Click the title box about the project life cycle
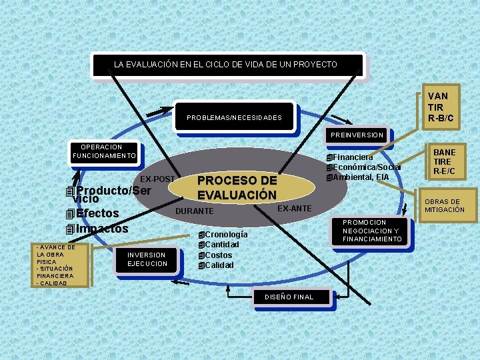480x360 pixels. pyautogui.click(x=227, y=65)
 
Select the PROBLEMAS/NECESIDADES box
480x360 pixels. pyautogui.click(x=233, y=117)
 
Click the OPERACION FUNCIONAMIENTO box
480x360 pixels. pyautogui.click(x=104, y=152)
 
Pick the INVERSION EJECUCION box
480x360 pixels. pyautogui.click(x=147, y=259)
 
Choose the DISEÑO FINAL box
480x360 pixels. pyautogui.click(x=289, y=297)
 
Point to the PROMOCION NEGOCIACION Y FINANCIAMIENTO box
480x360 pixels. pyautogui.click(x=373, y=231)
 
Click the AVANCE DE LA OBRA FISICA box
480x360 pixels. pyautogui.click(x=55, y=265)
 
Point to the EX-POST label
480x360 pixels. pyautogui.click(x=157, y=179)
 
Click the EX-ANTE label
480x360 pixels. pyautogui.click(x=294, y=209)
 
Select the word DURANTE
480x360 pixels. pyautogui.click(x=194, y=211)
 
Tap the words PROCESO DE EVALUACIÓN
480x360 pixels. pyautogui.click(x=237, y=188)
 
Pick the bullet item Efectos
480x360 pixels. pyautogui.click(x=97, y=213)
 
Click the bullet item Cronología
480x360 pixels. pyautogui.click(x=227, y=235)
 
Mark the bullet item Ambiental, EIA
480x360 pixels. pyautogui.click(x=363, y=177)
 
